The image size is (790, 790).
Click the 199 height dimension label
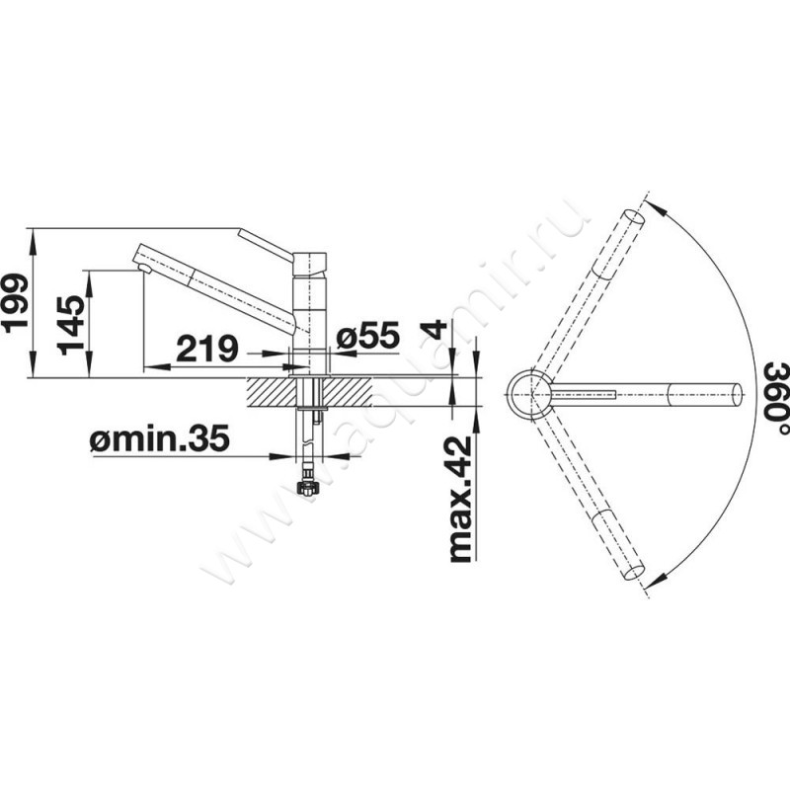[14, 303]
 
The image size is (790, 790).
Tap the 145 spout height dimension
[69, 326]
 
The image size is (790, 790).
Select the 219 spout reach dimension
[206, 348]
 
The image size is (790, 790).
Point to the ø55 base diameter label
[367, 335]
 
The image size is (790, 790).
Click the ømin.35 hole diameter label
[159, 437]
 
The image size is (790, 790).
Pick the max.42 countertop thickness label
[460, 499]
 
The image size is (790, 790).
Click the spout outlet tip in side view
[144, 268]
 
